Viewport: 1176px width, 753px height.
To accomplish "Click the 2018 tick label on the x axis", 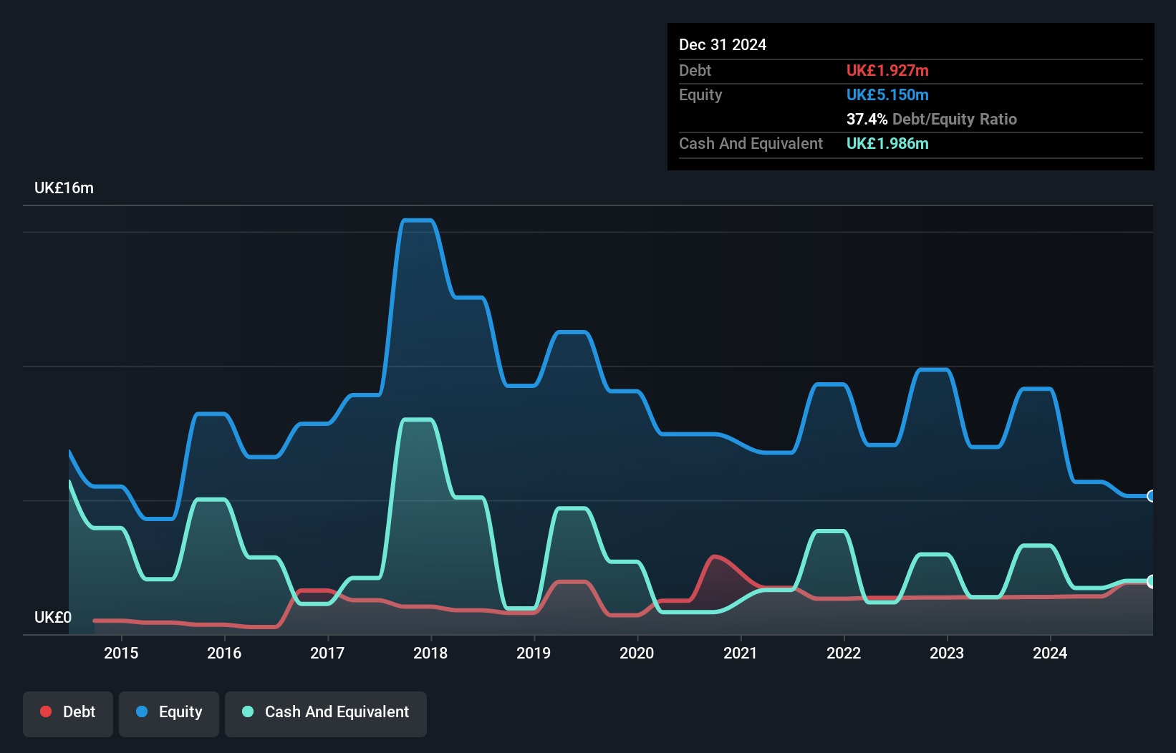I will pos(430,653).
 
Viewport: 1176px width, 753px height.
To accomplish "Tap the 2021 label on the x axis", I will pos(740,653).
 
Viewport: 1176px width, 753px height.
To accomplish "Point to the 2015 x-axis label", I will pos(121,653).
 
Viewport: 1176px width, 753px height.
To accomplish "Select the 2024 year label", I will pos(1049,653).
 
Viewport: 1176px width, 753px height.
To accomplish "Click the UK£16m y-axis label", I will pos(64,188).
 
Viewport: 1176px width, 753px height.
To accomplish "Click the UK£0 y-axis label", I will pos(52,617).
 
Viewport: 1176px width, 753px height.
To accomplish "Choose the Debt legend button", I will pos(68,712).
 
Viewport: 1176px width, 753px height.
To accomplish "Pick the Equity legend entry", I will pos(169,712).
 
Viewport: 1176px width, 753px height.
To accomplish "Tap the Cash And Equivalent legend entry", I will pos(326,712).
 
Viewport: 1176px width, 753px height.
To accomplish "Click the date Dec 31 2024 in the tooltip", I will pos(722,44).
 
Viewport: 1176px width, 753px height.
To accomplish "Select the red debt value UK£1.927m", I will pos(887,70).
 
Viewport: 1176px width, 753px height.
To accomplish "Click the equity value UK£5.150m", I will pos(887,94).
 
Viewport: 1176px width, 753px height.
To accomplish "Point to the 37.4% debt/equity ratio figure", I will pos(867,119).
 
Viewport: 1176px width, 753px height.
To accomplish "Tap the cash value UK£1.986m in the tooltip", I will pos(887,143).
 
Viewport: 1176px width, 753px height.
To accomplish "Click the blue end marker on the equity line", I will pos(1151,496).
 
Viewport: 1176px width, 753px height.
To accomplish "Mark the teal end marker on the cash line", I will pos(1151,581).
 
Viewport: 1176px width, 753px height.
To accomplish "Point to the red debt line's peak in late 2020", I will pos(714,556).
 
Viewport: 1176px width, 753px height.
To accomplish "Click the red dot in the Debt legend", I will pos(46,711).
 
